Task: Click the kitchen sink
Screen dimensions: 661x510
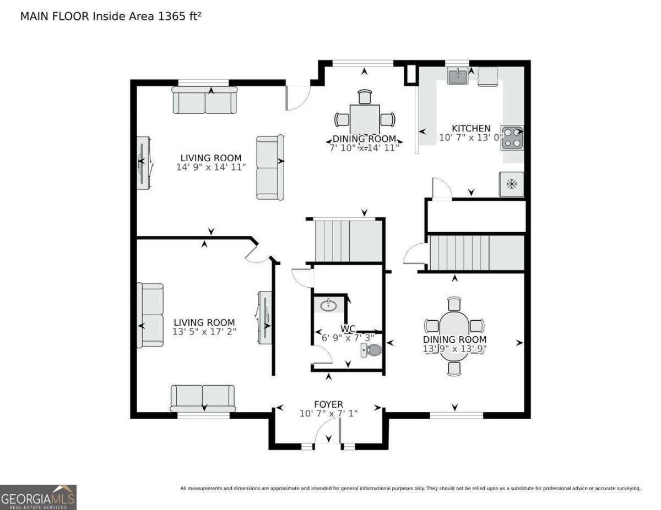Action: click(x=458, y=75)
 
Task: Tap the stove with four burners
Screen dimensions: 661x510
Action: click(x=513, y=138)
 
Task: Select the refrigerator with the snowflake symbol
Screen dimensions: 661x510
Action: click(x=511, y=184)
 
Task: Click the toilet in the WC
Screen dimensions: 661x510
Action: click(x=371, y=350)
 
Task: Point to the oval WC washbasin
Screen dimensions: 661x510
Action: click(x=329, y=305)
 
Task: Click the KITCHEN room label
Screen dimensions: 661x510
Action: click(x=471, y=128)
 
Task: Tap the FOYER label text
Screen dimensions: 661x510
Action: click(x=328, y=404)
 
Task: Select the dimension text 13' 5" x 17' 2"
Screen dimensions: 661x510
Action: click(x=204, y=331)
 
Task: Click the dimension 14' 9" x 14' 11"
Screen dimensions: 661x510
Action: click(x=211, y=167)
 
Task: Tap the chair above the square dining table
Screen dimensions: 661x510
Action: click(x=365, y=97)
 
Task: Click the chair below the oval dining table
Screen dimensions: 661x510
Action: click(x=454, y=368)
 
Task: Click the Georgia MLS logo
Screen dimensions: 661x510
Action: click(x=38, y=497)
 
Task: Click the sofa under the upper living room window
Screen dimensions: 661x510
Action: click(x=205, y=100)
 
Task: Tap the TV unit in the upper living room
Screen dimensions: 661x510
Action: click(x=144, y=163)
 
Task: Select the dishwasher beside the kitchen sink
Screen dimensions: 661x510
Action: click(x=488, y=77)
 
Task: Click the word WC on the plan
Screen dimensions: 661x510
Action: click(x=348, y=328)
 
